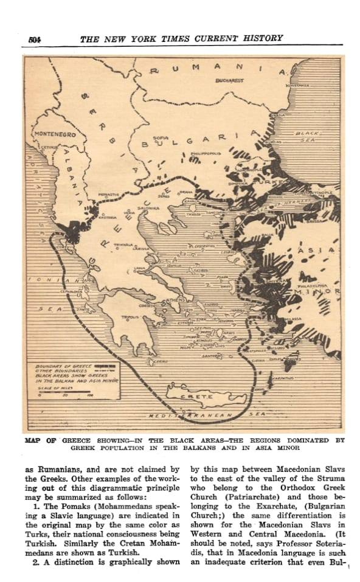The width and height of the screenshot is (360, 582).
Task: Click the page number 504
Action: (34, 38)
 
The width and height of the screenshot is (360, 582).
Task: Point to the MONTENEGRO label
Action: (54, 134)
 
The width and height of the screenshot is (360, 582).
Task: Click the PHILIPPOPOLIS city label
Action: (203, 154)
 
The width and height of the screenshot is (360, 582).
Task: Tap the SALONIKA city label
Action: (148, 208)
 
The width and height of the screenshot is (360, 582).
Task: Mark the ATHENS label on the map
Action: (176, 300)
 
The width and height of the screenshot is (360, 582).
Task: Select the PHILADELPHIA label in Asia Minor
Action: (314, 284)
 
